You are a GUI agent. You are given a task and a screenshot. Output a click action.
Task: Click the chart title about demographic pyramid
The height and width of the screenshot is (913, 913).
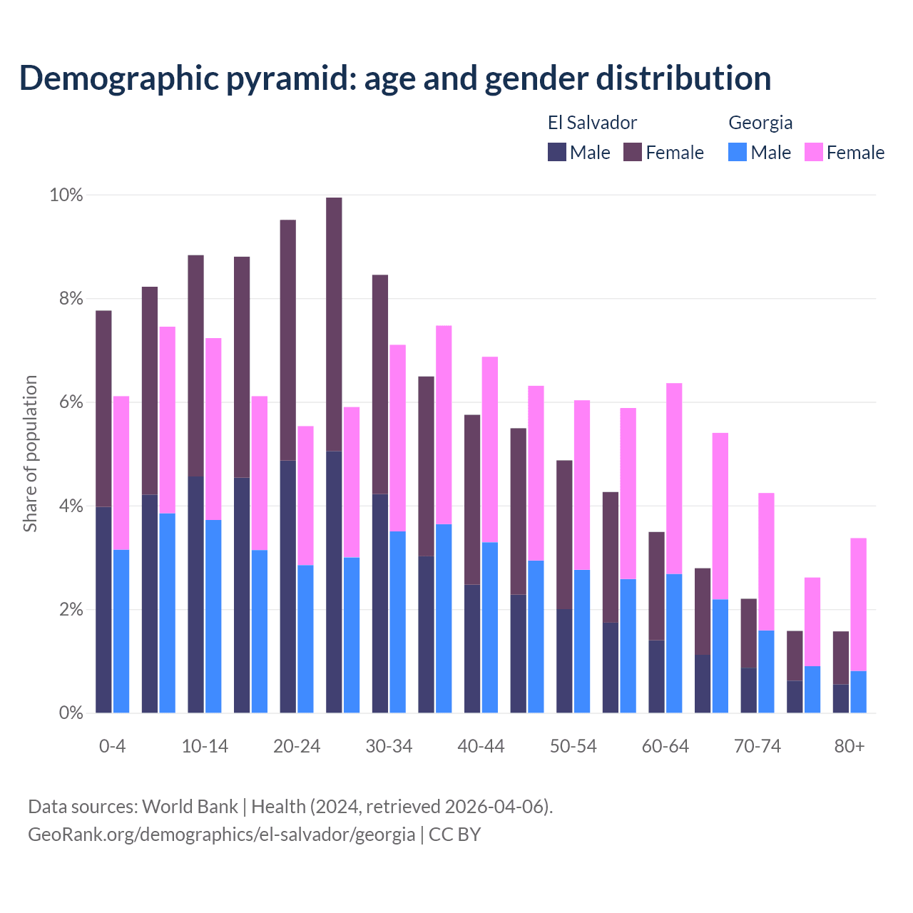(x=395, y=78)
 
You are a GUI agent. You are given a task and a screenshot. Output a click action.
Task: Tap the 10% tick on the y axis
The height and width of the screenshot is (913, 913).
(x=66, y=195)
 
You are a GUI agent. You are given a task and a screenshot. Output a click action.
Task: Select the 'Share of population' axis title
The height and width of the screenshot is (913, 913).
(x=30, y=454)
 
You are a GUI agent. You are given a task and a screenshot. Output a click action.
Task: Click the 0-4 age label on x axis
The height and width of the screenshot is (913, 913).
(x=113, y=746)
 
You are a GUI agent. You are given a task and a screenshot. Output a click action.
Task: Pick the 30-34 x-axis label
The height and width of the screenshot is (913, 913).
(x=389, y=746)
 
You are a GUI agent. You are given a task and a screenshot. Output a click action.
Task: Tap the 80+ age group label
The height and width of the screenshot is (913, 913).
(x=850, y=746)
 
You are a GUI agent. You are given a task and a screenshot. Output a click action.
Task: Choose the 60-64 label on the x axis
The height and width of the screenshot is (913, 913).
(x=665, y=746)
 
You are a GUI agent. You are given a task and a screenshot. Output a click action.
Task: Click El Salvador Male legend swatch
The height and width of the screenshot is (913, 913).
(x=557, y=152)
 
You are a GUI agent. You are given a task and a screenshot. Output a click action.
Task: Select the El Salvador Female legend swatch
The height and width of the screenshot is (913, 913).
(x=633, y=152)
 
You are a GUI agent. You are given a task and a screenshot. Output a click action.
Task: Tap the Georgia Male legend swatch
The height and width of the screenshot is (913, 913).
(x=738, y=152)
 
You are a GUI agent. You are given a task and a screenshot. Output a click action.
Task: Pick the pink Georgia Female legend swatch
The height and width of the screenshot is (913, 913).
(x=814, y=152)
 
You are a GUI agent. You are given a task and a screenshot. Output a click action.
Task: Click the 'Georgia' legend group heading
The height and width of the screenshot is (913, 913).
(x=760, y=123)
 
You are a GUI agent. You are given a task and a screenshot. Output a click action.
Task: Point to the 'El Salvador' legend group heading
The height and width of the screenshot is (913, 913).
(x=592, y=123)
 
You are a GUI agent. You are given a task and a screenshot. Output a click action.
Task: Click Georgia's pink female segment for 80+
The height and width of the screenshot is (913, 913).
(x=858, y=604)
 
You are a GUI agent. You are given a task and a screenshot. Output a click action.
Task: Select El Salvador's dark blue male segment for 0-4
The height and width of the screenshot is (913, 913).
(x=103, y=610)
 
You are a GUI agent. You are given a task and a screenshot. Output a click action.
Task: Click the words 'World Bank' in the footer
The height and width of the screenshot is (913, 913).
(x=190, y=807)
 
